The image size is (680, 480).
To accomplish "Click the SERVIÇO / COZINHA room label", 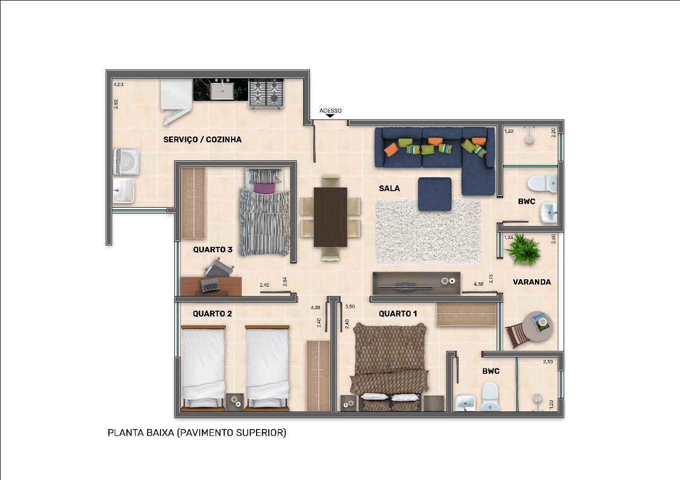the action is (202, 140).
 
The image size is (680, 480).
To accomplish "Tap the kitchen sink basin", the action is (222, 91).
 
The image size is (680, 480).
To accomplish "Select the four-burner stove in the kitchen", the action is (266, 93).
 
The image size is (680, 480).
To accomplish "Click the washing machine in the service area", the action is (126, 161).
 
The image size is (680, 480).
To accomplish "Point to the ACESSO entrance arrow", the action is (330, 116).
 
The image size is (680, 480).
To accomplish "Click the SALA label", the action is (389, 188).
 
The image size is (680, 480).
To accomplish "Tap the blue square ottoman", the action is (435, 194).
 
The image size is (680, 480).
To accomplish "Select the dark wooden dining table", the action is (330, 217).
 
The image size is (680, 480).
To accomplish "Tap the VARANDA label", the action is (532, 282).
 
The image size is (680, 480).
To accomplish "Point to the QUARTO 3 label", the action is (213, 250).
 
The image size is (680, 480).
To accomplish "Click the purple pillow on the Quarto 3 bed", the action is (264, 188).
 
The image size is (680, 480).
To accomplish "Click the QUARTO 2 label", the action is (212, 314).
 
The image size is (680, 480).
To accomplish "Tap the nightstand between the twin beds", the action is (235, 402).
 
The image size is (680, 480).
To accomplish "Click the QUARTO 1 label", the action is (398, 314).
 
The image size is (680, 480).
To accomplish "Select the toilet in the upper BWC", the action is (542, 183).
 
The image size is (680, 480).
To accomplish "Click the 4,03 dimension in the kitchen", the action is (118, 84).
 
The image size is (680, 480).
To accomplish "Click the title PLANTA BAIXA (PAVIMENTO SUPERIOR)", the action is (197, 433).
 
